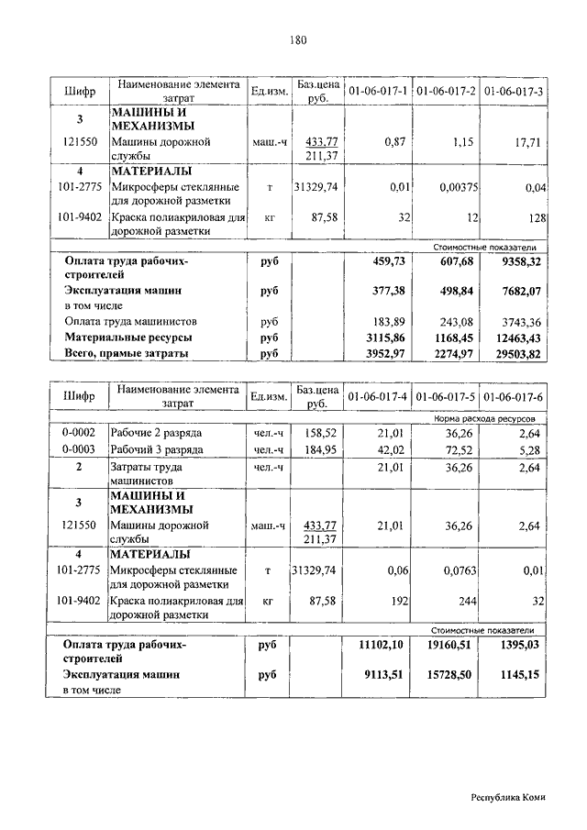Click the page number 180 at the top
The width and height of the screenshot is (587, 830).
[293, 39]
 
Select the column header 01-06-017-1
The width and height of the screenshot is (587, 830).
[377, 92]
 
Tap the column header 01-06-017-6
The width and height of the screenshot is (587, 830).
[514, 396]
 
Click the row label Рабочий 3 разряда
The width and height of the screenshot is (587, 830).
[157, 449]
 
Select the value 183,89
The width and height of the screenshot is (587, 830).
[388, 322]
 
